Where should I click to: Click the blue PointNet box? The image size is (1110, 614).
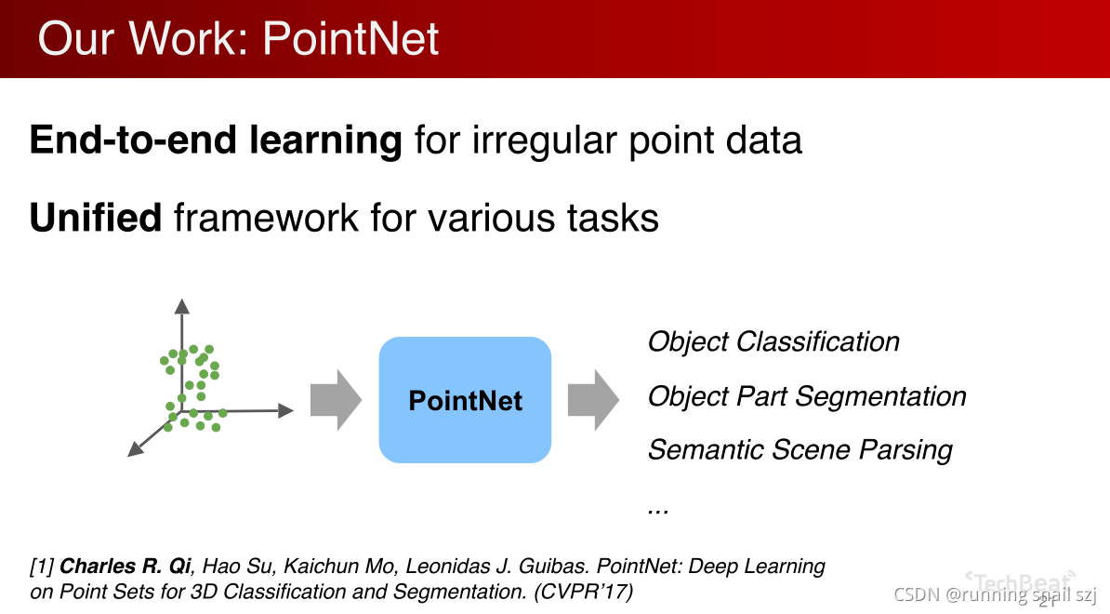click(465, 400)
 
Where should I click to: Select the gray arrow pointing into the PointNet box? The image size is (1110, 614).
click(336, 400)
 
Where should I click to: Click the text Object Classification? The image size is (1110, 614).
click(773, 342)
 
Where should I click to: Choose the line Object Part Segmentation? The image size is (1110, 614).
click(807, 396)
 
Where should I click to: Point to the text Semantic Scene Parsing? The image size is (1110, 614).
click(799, 450)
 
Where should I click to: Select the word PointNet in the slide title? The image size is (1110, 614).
click(350, 39)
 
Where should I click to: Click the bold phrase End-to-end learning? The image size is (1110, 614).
click(216, 140)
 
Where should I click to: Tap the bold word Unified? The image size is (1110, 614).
click(96, 219)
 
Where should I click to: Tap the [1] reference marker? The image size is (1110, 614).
click(43, 566)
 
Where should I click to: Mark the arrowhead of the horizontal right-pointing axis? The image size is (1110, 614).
click(286, 410)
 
